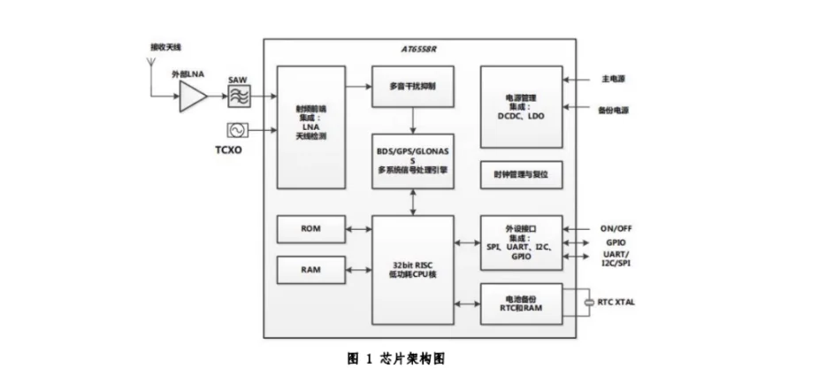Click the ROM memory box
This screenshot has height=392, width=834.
[x=310, y=228]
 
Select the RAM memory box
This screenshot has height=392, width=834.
[x=310, y=270]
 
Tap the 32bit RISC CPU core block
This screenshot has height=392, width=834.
[x=412, y=269]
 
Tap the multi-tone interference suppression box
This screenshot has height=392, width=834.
[x=412, y=88]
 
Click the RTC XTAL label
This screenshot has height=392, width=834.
[x=616, y=303]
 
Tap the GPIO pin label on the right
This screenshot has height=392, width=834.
[x=616, y=242]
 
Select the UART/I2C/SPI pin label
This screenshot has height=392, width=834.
[x=617, y=259]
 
